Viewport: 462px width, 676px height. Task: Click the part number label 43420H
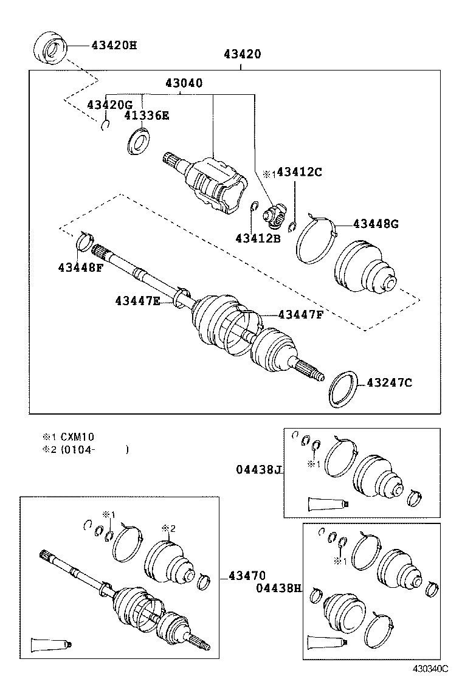tap(114, 45)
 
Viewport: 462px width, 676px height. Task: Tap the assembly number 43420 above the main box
tap(242, 54)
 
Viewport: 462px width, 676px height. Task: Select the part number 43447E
tap(137, 300)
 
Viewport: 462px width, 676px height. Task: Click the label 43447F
tap(301, 314)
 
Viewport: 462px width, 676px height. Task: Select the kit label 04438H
tap(278, 588)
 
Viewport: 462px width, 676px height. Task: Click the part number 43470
tap(247, 575)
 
